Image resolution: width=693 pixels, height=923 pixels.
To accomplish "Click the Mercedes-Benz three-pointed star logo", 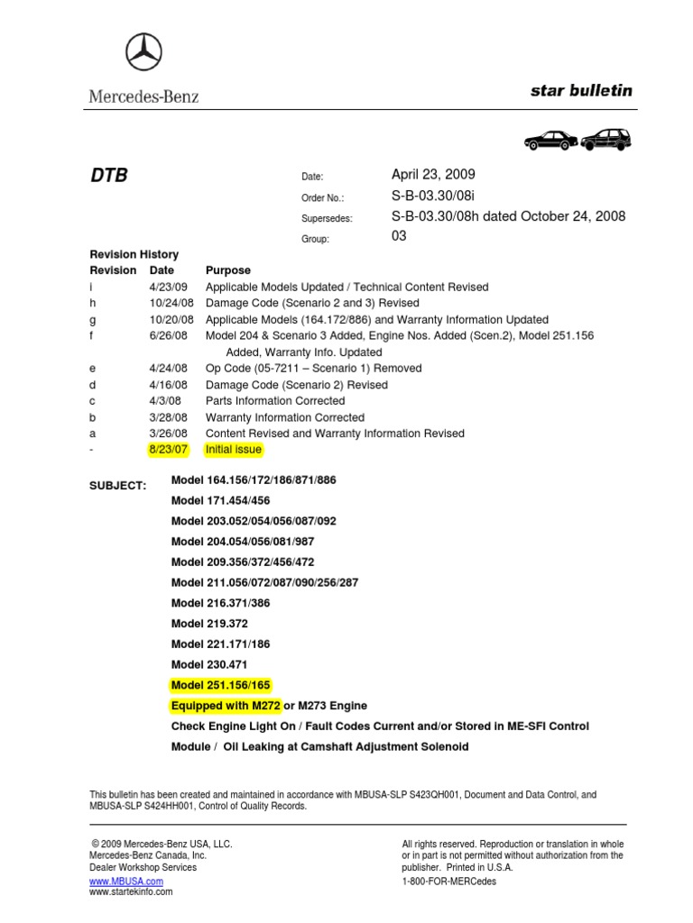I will (143, 54).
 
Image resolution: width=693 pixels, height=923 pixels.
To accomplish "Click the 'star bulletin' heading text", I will (581, 90).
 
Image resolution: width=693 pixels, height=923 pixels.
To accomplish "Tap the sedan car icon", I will (550, 140).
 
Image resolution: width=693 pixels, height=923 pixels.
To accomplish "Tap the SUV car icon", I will (605, 140).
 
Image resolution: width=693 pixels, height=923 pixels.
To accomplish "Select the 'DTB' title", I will (109, 175).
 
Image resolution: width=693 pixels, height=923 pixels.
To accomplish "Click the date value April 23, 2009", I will (433, 175).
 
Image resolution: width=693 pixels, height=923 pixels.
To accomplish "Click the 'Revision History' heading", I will (134, 254).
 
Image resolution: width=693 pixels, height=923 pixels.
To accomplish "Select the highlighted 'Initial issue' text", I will (234, 449).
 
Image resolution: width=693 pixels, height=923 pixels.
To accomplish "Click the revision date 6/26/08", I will (168, 335).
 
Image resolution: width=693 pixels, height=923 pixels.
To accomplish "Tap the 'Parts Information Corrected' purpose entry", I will (275, 400).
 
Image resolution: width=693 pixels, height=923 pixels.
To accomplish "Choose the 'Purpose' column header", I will (228, 270).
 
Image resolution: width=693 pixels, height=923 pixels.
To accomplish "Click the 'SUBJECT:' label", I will (117, 486).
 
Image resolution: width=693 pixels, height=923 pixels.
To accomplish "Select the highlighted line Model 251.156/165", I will (221, 685).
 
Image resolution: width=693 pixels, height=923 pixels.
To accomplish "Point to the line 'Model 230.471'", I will (209, 664).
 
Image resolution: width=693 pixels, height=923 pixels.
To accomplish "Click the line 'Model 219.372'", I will (209, 624).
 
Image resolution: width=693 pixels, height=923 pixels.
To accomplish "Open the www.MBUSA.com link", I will (126, 881).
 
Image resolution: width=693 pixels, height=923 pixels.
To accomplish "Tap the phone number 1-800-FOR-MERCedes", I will (448, 881).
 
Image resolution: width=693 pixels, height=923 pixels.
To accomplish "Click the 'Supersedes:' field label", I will (327, 218).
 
